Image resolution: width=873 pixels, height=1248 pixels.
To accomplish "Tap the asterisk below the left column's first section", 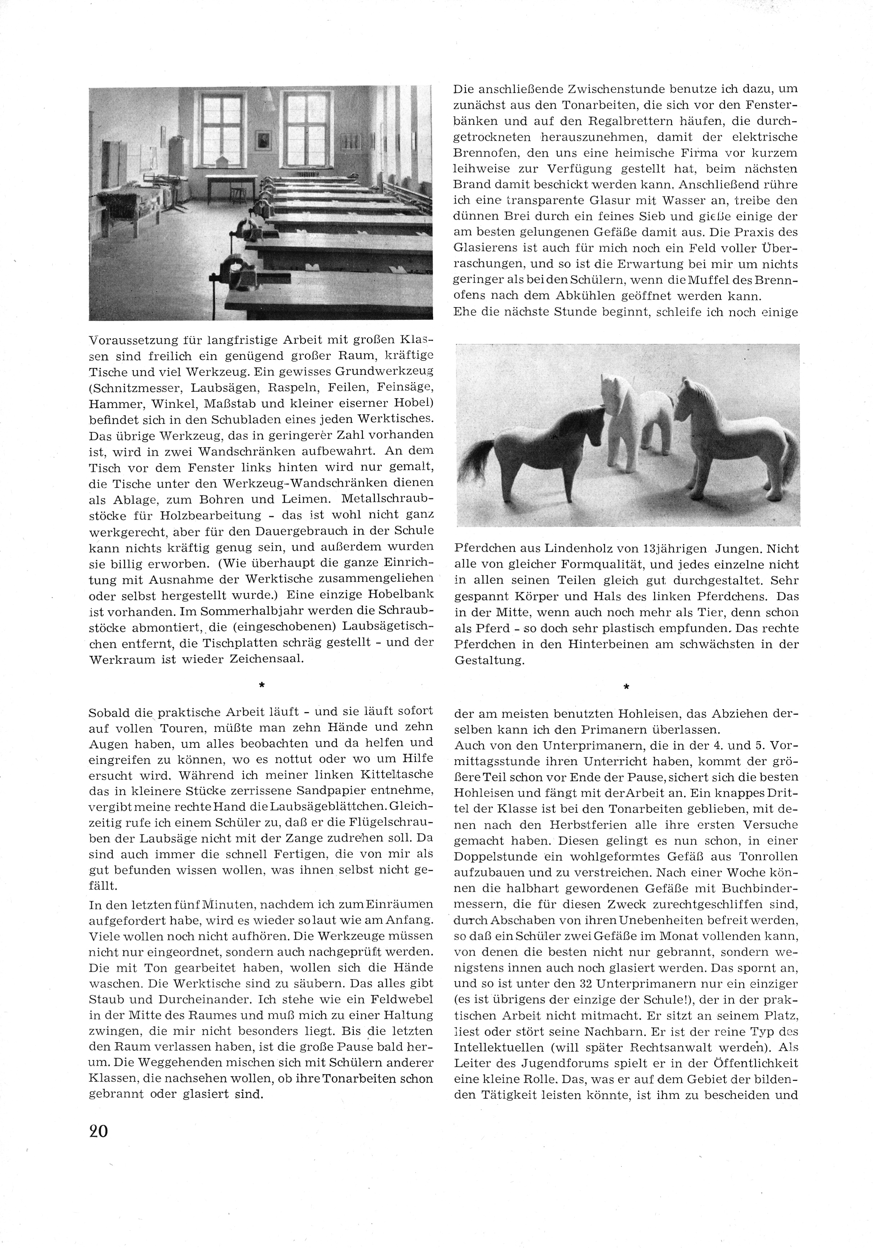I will (x=261, y=686).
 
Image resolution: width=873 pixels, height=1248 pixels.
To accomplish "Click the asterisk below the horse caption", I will (x=626, y=688).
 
